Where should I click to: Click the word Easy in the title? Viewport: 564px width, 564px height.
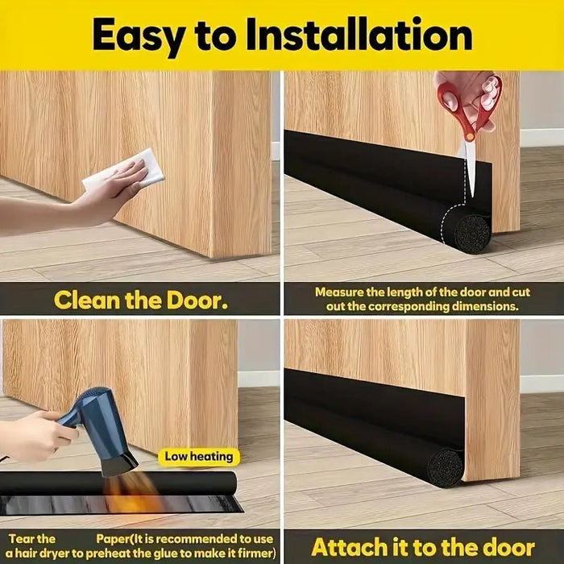pos(140,36)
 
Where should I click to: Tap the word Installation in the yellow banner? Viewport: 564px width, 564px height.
pos(359,34)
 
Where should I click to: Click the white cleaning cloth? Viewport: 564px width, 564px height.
pos(124,168)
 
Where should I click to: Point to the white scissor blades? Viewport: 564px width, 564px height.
pos(470,168)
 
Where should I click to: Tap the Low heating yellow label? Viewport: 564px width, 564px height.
pos(199,457)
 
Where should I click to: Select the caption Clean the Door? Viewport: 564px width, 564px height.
pos(141,300)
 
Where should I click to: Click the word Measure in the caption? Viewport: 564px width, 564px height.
pos(339,292)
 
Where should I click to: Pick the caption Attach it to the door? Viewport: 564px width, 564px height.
pos(423,547)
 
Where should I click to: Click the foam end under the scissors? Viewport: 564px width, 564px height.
pos(472,234)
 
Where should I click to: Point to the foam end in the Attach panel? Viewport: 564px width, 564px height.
pos(445,468)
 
